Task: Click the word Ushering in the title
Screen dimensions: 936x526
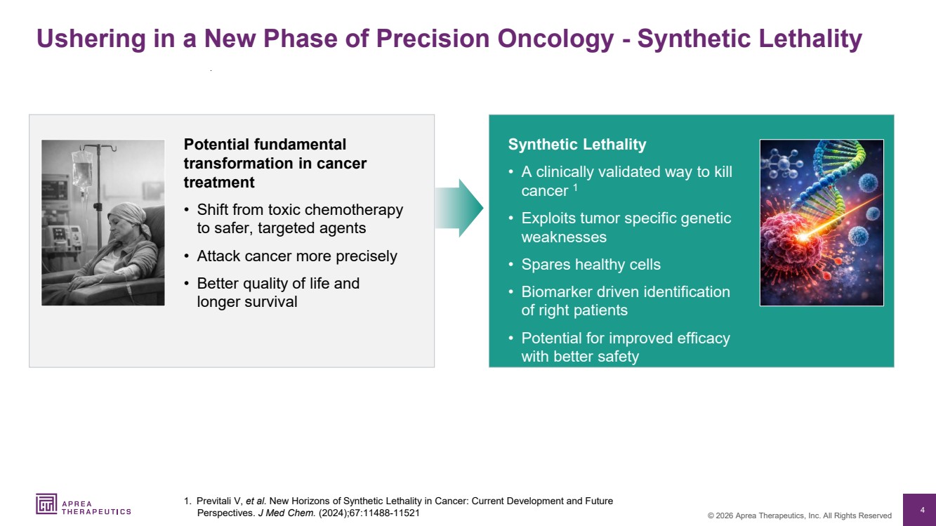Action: click(x=91, y=39)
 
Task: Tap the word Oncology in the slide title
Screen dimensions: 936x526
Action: click(x=555, y=39)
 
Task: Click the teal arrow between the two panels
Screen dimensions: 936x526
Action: click(x=459, y=208)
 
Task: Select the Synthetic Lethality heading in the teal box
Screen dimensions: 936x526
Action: click(x=577, y=145)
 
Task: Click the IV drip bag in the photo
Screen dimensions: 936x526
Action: click(x=82, y=169)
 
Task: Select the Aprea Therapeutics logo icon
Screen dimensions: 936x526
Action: click(x=46, y=504)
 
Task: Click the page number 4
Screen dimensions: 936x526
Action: click(x=923, y=510)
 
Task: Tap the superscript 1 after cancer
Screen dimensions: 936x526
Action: click(x=575, y=188)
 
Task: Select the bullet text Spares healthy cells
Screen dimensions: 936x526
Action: click(x=591, y=265)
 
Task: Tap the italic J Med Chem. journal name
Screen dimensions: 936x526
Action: click(x=286, y=513)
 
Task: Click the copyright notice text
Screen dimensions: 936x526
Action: click(x=799, y=515)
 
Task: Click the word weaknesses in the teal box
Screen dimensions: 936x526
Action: click(x=564, y=237)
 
